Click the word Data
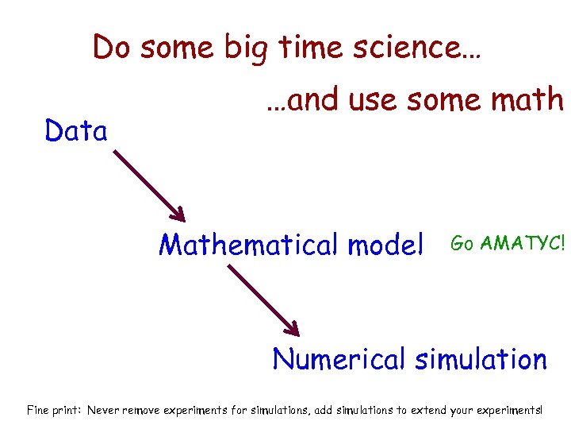pyautogui.click(x=76, y=131)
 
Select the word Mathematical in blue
pyautogui.click(x=249, y=244)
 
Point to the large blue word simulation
pyautogui.click(x=481, y=359)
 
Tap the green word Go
pyautogui.click(x=462, y=244)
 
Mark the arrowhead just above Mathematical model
pyautogui.click(x=179, y=215)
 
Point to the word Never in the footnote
pyautogui.click(x=104, y=411)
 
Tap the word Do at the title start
pyautogui.click(x=110, y=48)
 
